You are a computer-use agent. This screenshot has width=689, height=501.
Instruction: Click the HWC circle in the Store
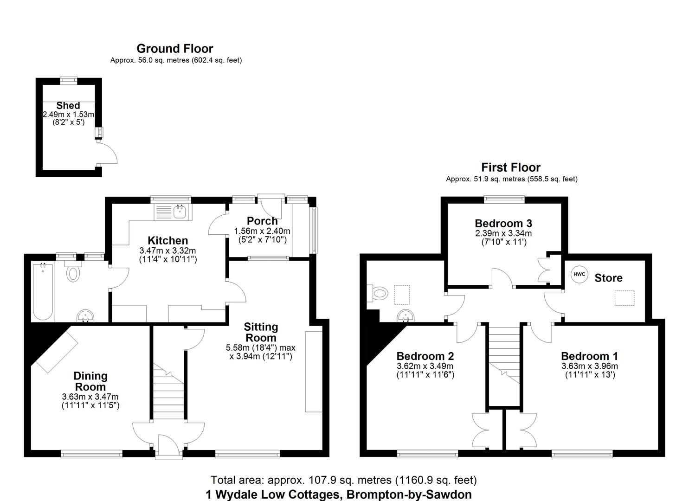579,274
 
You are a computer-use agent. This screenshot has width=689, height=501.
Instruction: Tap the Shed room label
68,106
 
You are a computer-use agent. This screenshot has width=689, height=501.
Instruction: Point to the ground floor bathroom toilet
73,273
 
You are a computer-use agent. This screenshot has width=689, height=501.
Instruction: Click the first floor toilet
379,293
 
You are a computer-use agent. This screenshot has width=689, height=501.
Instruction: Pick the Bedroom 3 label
503,223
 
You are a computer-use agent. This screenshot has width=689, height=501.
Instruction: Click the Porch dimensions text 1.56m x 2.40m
262,231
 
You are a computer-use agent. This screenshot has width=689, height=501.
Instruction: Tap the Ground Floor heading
175,49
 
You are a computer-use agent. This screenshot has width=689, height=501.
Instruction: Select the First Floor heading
511,167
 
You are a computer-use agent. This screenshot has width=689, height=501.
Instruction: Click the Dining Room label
90,381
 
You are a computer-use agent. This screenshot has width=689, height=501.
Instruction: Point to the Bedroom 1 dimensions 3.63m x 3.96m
589,366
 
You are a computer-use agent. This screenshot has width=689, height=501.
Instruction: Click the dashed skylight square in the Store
624,298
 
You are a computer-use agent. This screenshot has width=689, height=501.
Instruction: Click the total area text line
343,480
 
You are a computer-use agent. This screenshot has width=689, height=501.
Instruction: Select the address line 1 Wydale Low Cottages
339,495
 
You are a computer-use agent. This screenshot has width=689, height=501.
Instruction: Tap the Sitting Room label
261,332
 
